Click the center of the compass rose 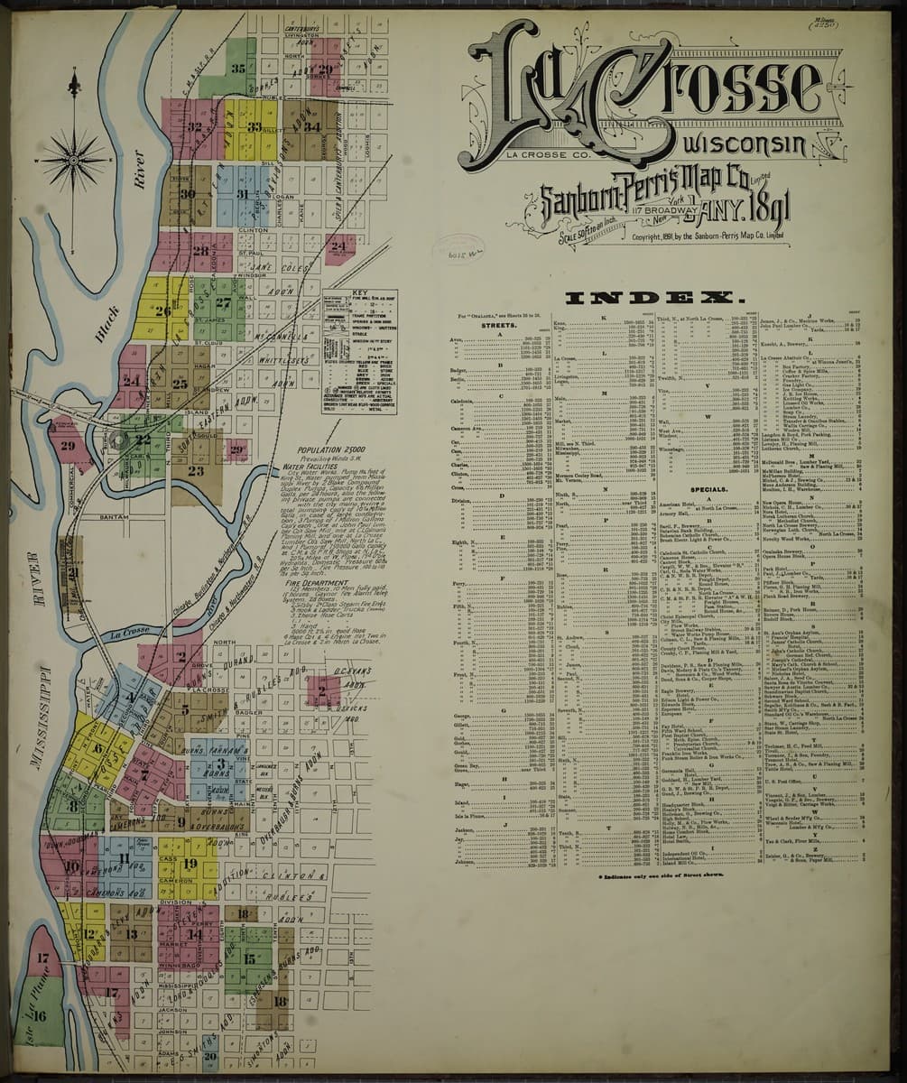(x=74, y=159)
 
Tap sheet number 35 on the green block (x=238, y=68)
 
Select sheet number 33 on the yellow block (x=255, y=127)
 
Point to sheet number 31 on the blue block (x=242, y=193)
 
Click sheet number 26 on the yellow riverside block (x=162, y=311)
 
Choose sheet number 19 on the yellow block (x=189, y=862)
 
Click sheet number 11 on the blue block (x=123, y=852)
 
